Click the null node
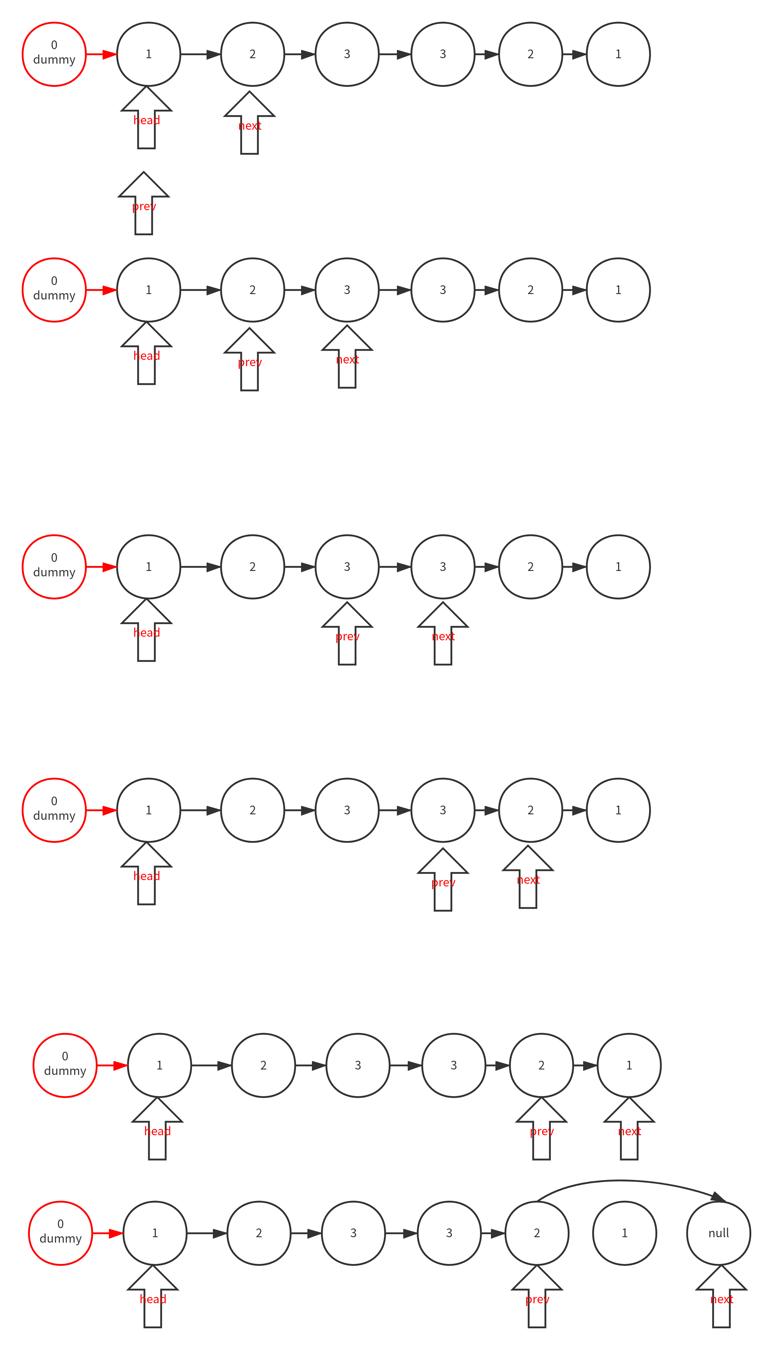click(718, 1233)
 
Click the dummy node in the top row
click(54, 54)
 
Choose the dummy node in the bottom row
click(61, 1233)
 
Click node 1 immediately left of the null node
click(624, 1233)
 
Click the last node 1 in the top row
click(618, 54)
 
